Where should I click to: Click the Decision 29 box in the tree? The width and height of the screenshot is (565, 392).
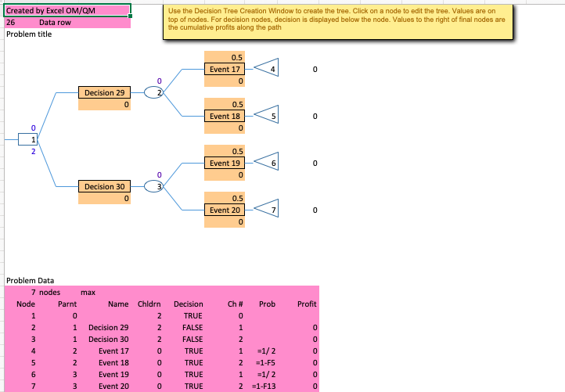point(105,92)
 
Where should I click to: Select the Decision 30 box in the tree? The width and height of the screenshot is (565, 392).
point(105,187)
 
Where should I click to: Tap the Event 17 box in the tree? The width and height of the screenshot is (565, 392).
point(225,69)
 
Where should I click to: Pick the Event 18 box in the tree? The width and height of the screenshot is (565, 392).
point(225,116)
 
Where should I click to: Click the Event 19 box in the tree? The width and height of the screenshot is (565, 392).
point(225,164)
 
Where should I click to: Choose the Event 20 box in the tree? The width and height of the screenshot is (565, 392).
point(225,210)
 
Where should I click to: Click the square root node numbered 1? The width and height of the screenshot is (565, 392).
point(27,139)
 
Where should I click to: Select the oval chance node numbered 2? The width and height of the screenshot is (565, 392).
point(154,92)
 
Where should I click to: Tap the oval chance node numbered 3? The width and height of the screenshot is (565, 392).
point(154,187)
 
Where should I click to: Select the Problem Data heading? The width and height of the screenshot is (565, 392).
point(31,280)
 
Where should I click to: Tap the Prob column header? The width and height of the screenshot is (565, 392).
point(267,304)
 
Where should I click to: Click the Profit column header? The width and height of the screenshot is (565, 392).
point(307,304)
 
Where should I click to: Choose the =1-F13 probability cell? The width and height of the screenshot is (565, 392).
point(264,387)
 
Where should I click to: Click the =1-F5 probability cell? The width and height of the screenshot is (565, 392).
point(265,363)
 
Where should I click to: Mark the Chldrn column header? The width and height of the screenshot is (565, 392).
point(149,304)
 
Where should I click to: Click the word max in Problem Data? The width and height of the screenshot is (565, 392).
point(88,292)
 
